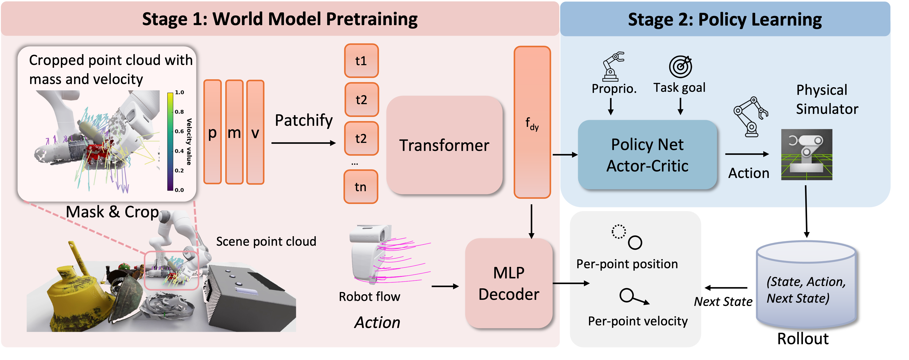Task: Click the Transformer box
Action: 444,145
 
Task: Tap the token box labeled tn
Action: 361,187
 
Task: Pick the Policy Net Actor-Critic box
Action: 647,155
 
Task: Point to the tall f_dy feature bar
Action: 532,122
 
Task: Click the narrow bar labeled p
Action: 212,132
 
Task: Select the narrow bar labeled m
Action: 234,132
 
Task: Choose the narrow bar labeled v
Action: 255,132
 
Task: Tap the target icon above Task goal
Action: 680,67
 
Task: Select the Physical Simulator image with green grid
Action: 807,155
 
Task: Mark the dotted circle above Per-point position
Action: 619,232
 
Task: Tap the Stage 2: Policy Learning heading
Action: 725,19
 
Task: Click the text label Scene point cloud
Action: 266,241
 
